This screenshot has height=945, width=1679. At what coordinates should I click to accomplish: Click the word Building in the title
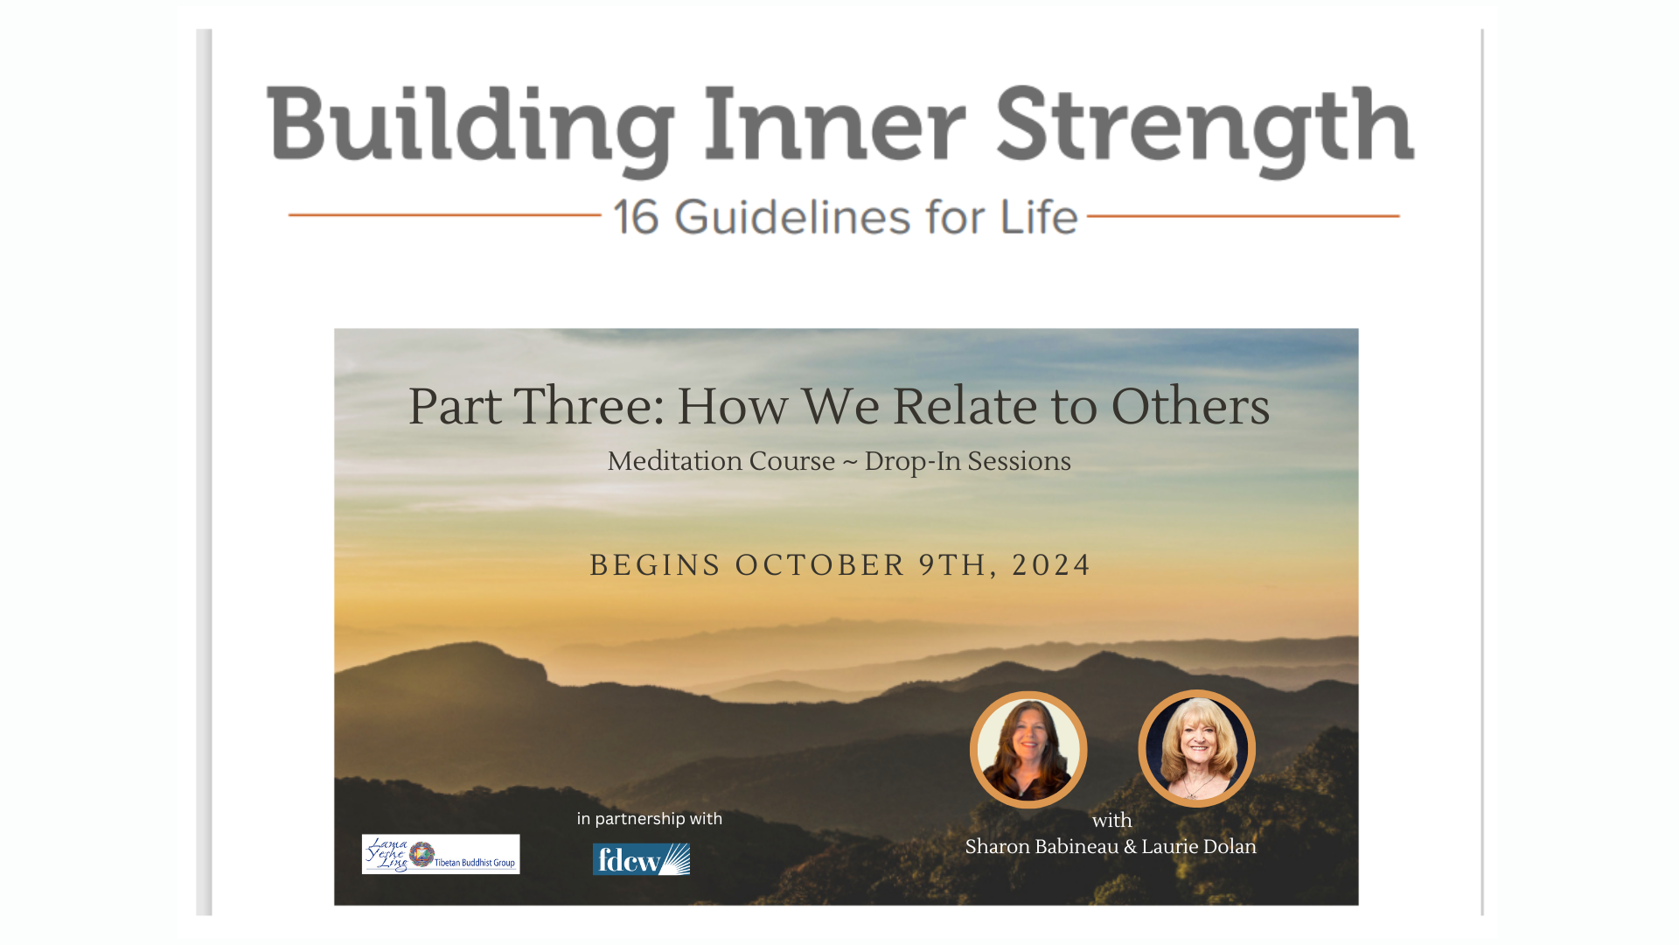click(x=470, y=127)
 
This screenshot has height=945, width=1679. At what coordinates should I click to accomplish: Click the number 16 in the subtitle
click(x=636, y=217)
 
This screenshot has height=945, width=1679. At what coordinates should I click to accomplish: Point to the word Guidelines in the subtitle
click(x=792, y=217)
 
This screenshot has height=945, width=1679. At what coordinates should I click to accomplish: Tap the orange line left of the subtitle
click(x=444, y=214)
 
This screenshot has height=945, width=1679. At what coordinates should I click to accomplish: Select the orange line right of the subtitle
click(x=1243, y=215)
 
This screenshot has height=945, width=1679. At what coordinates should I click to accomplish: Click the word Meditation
click(x=721, y=461)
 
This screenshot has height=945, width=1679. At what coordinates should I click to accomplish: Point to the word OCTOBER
click(x=819, y=565)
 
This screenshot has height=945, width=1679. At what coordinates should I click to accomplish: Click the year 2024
click(x=1051, y=565)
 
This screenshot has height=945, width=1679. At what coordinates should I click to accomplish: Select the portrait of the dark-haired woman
click(x=1028, y=749)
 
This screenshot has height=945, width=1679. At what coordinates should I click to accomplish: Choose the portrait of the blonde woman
click(x=1196, y=748)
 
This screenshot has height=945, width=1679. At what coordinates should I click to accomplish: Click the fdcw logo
click(x=641, y=859)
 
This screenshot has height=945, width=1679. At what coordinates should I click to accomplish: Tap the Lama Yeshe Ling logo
click(x=441, y=854)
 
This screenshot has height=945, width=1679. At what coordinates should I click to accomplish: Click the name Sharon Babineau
click(x=1042, y=847)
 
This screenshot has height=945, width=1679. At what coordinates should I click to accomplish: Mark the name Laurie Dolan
click(x=1199, y=847)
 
